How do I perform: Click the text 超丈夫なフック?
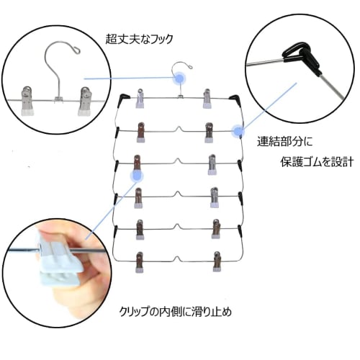[x=139, y=40]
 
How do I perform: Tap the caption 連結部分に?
[x=285, y=142]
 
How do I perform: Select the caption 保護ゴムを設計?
[x=317, y=162]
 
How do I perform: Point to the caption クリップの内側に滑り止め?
[x=176, y=312]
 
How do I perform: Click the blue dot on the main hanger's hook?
[x=179, y=78]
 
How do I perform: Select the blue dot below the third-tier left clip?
[x=137, y=176]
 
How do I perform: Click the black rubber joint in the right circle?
[x=301, y=55]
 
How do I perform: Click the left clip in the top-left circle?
[x=27, y=101]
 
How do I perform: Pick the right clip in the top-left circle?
[x=85, y=102]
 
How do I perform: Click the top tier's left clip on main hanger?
[x=140, y=98]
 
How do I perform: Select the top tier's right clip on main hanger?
[x=207, y=99]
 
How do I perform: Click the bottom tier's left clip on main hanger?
[x=139, y=262]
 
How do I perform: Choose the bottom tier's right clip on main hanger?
[x=217, y=261]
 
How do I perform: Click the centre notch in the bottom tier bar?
[x=177, y=258]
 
